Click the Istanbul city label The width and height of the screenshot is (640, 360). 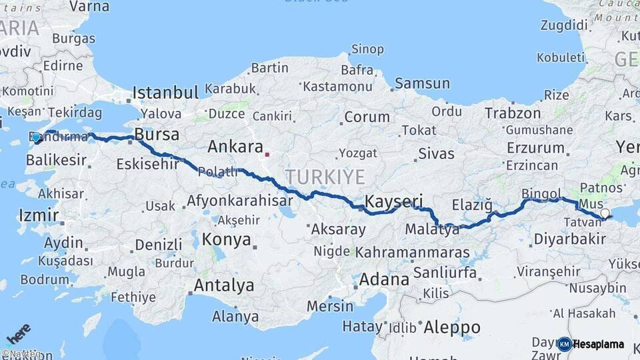[166, 92]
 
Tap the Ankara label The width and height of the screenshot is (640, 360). [235, 147]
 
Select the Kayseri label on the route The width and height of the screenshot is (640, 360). [394, 201]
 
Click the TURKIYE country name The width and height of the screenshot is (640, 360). [325, 177]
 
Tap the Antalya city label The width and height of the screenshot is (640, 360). [224, 285]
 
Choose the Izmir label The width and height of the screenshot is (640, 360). [39, 215]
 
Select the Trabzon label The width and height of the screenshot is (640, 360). [513, 113]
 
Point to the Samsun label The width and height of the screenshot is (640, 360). [422, 83]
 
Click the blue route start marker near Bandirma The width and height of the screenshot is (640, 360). [36, 137]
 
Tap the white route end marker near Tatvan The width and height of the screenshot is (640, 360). [605, 213]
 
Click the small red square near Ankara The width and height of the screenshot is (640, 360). [267, 155]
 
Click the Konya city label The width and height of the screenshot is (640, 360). [227, 239]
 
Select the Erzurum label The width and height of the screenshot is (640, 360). [535, 147]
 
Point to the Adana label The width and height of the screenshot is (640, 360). [384, 279]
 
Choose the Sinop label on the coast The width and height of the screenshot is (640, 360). [367, 49]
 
